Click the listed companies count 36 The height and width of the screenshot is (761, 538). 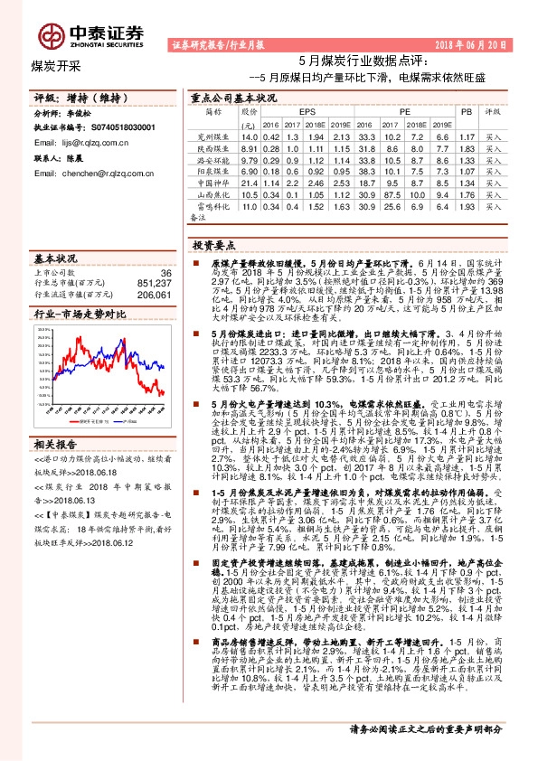coord(165,272)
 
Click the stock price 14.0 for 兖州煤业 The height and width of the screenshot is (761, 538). coord(250,136)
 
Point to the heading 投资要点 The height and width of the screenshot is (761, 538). coord(214,244)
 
